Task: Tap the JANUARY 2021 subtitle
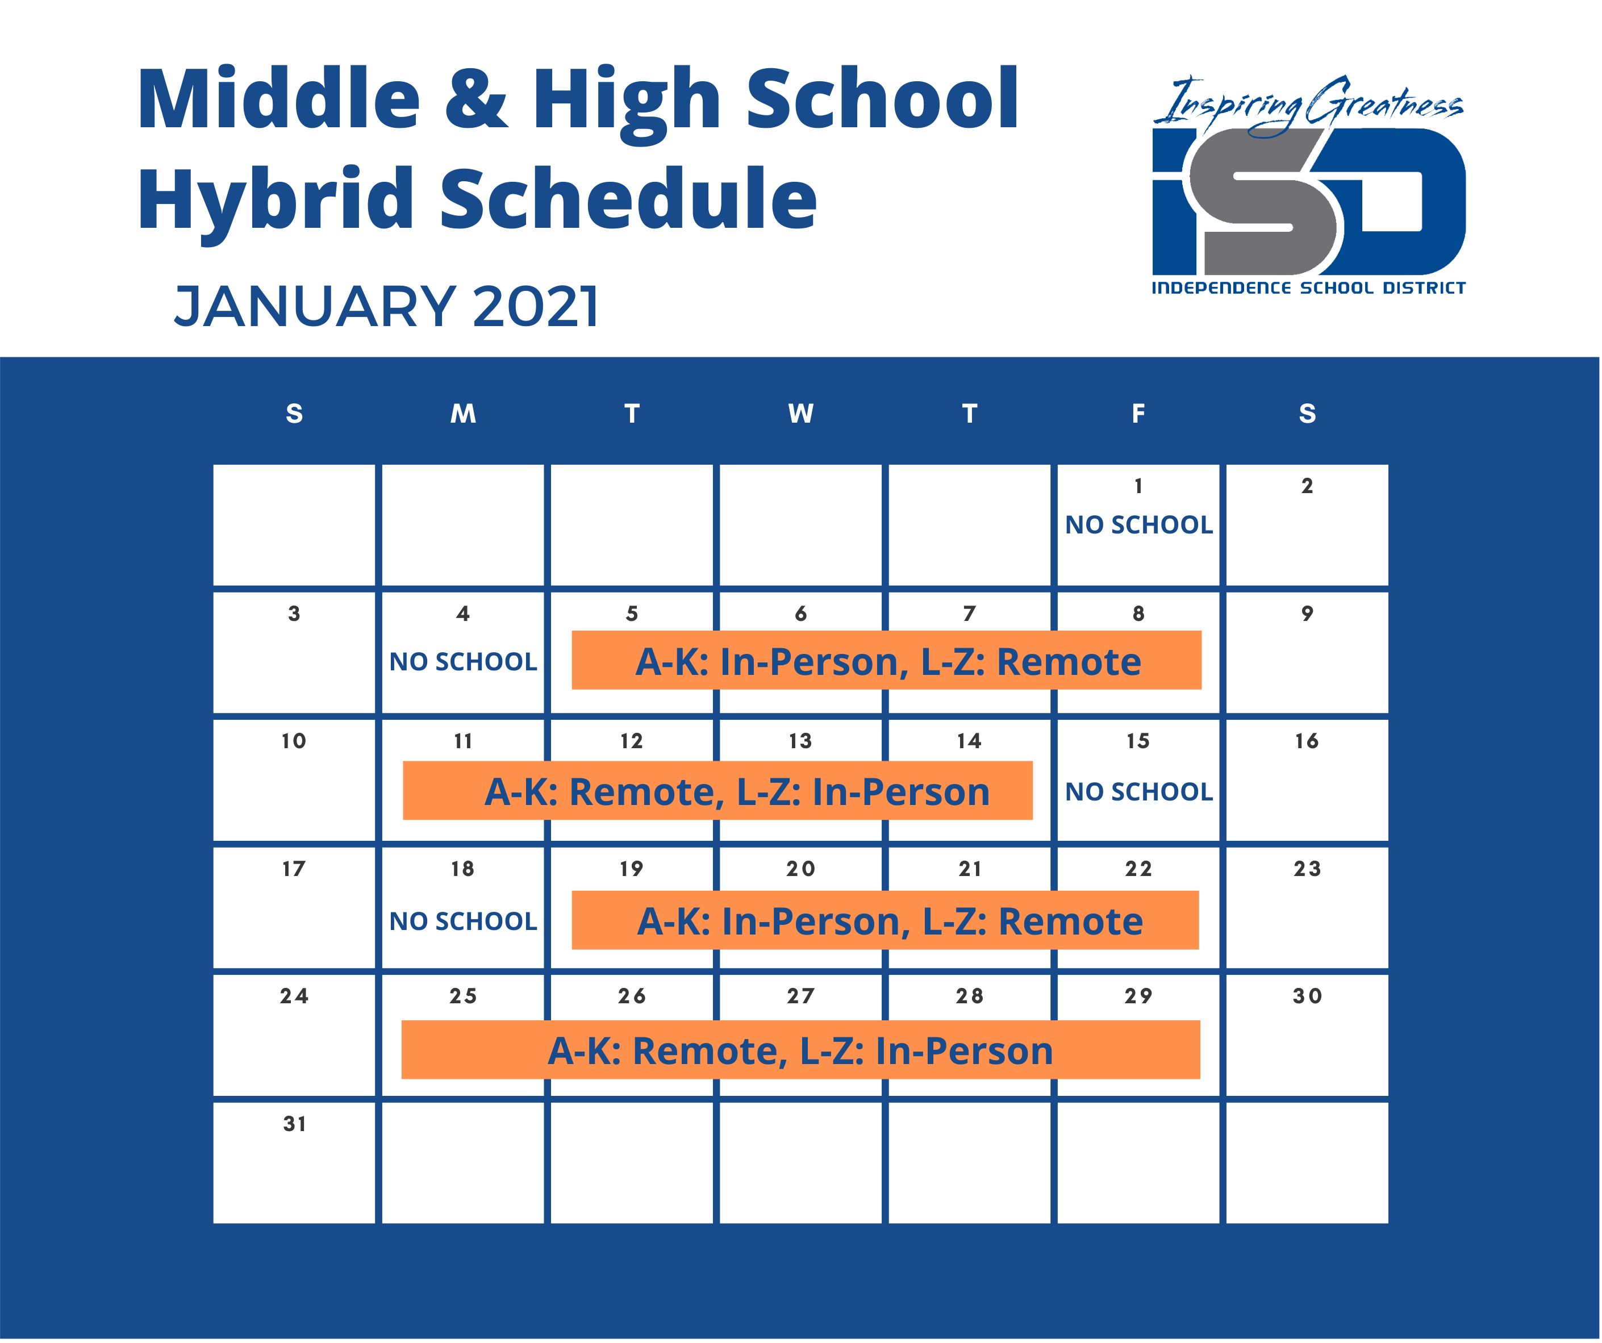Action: pos(387,307)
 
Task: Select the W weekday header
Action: pos(800,414)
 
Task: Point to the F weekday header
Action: pos(1138,414)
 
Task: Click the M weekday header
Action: pos(463,414)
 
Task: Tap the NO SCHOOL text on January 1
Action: pos(1138,525)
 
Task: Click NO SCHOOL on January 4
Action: pos(463,662)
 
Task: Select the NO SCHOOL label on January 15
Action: pos(1138,792)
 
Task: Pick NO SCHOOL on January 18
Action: pos(463,922)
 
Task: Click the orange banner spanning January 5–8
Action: pos(886,660)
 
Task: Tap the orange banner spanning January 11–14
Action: pos(718,791)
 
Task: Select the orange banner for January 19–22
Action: pos(886,920)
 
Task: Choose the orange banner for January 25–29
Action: pos(801,1050)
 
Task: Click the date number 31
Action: pos(294,1124)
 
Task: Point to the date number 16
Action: pos(1307,741)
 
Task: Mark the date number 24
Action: pos(294,996)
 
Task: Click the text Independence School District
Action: pos(1308,287)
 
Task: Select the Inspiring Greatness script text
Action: pos(1308,105)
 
